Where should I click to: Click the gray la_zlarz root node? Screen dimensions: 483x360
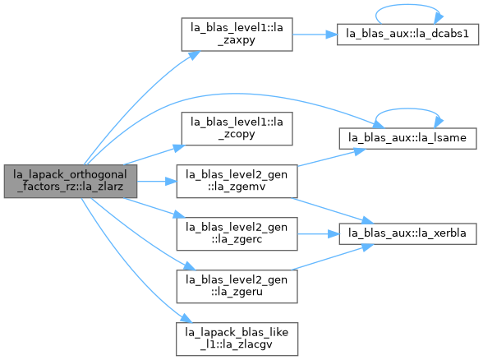point(71,181)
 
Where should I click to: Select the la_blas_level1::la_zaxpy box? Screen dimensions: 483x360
point(237,35)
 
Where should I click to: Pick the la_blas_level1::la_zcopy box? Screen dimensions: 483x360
point(237,129)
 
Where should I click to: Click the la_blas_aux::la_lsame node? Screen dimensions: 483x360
point(407,138)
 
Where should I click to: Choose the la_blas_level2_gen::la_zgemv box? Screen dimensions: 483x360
point(237,181)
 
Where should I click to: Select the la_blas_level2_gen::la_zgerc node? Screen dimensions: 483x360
point(237,234)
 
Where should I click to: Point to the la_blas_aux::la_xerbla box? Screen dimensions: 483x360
point(407,234)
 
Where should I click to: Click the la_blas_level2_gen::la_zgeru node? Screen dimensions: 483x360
point(237,286)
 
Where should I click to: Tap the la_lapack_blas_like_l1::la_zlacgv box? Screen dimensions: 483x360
point(237,339)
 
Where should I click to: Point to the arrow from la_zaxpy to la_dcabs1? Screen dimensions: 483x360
point(315,35)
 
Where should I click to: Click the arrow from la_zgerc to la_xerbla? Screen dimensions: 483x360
point(318,234)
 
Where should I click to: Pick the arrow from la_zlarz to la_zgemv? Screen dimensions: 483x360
point(157,181)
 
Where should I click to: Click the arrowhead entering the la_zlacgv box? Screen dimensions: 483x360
point(186,319)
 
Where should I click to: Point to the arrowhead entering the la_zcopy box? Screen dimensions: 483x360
point(179,148)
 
